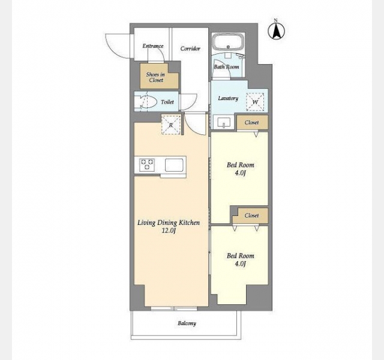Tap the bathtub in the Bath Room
click(228, 42)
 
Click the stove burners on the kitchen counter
click(146, 164)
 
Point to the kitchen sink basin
click(174, 165)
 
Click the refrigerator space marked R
click(171, 125)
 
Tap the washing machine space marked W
click(255, 102)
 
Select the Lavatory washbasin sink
click(223, 122)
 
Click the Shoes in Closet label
click(155, 77)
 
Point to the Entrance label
click(153, 46)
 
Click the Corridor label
click(190, 49)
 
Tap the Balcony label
click(187, 323)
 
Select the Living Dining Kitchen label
click(169, 223)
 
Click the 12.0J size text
click(169, 230)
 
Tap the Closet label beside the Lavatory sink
click(251, 122)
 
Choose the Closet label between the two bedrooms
click(251, 215)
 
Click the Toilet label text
click(167, 101)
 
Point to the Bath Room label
click(227, 67)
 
